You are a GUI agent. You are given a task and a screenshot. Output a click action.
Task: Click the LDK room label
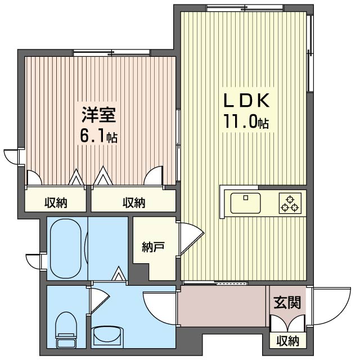pos(246,100)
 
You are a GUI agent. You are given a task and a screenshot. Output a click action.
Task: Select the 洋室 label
pos(99,115)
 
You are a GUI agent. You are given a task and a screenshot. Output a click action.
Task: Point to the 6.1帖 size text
pos(99,136)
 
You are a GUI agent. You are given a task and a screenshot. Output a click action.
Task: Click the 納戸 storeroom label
pos(153,247)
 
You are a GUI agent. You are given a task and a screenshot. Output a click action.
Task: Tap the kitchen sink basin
pos(246,203)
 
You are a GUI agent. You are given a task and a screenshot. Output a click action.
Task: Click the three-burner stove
pos(290,203)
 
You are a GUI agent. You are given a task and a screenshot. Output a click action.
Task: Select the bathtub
pos(66,249)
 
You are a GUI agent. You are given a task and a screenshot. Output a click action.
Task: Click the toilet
pos(66,330)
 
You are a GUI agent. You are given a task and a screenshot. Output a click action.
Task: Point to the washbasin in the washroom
pos(108,337)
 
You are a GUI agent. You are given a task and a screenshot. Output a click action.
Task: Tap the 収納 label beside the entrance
pos(287,341)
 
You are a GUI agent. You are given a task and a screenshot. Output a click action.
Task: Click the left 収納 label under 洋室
pos(56,202)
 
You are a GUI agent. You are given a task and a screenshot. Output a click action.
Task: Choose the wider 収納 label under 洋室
pos(134,202)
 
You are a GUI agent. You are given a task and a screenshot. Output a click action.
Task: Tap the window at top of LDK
pos(245,8)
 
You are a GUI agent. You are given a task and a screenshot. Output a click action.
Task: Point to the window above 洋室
pos(111,53)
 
